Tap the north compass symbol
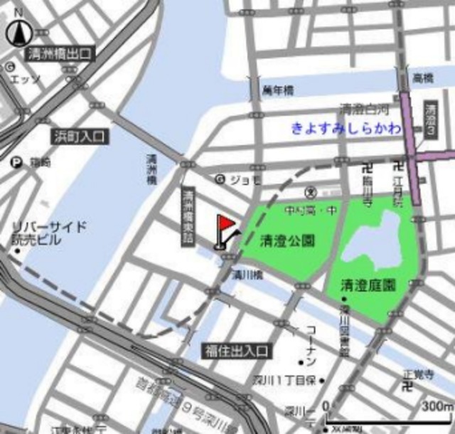coord(18,31)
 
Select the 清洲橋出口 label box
coord(60,52)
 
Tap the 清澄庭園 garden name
coord(368,285)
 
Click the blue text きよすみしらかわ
coord(346,129)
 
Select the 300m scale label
coord(437,406)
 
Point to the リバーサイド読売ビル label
coord(48,234)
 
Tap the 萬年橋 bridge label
coord(278,90)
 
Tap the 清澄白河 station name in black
coord(363,110)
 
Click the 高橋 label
coord(422,76)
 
